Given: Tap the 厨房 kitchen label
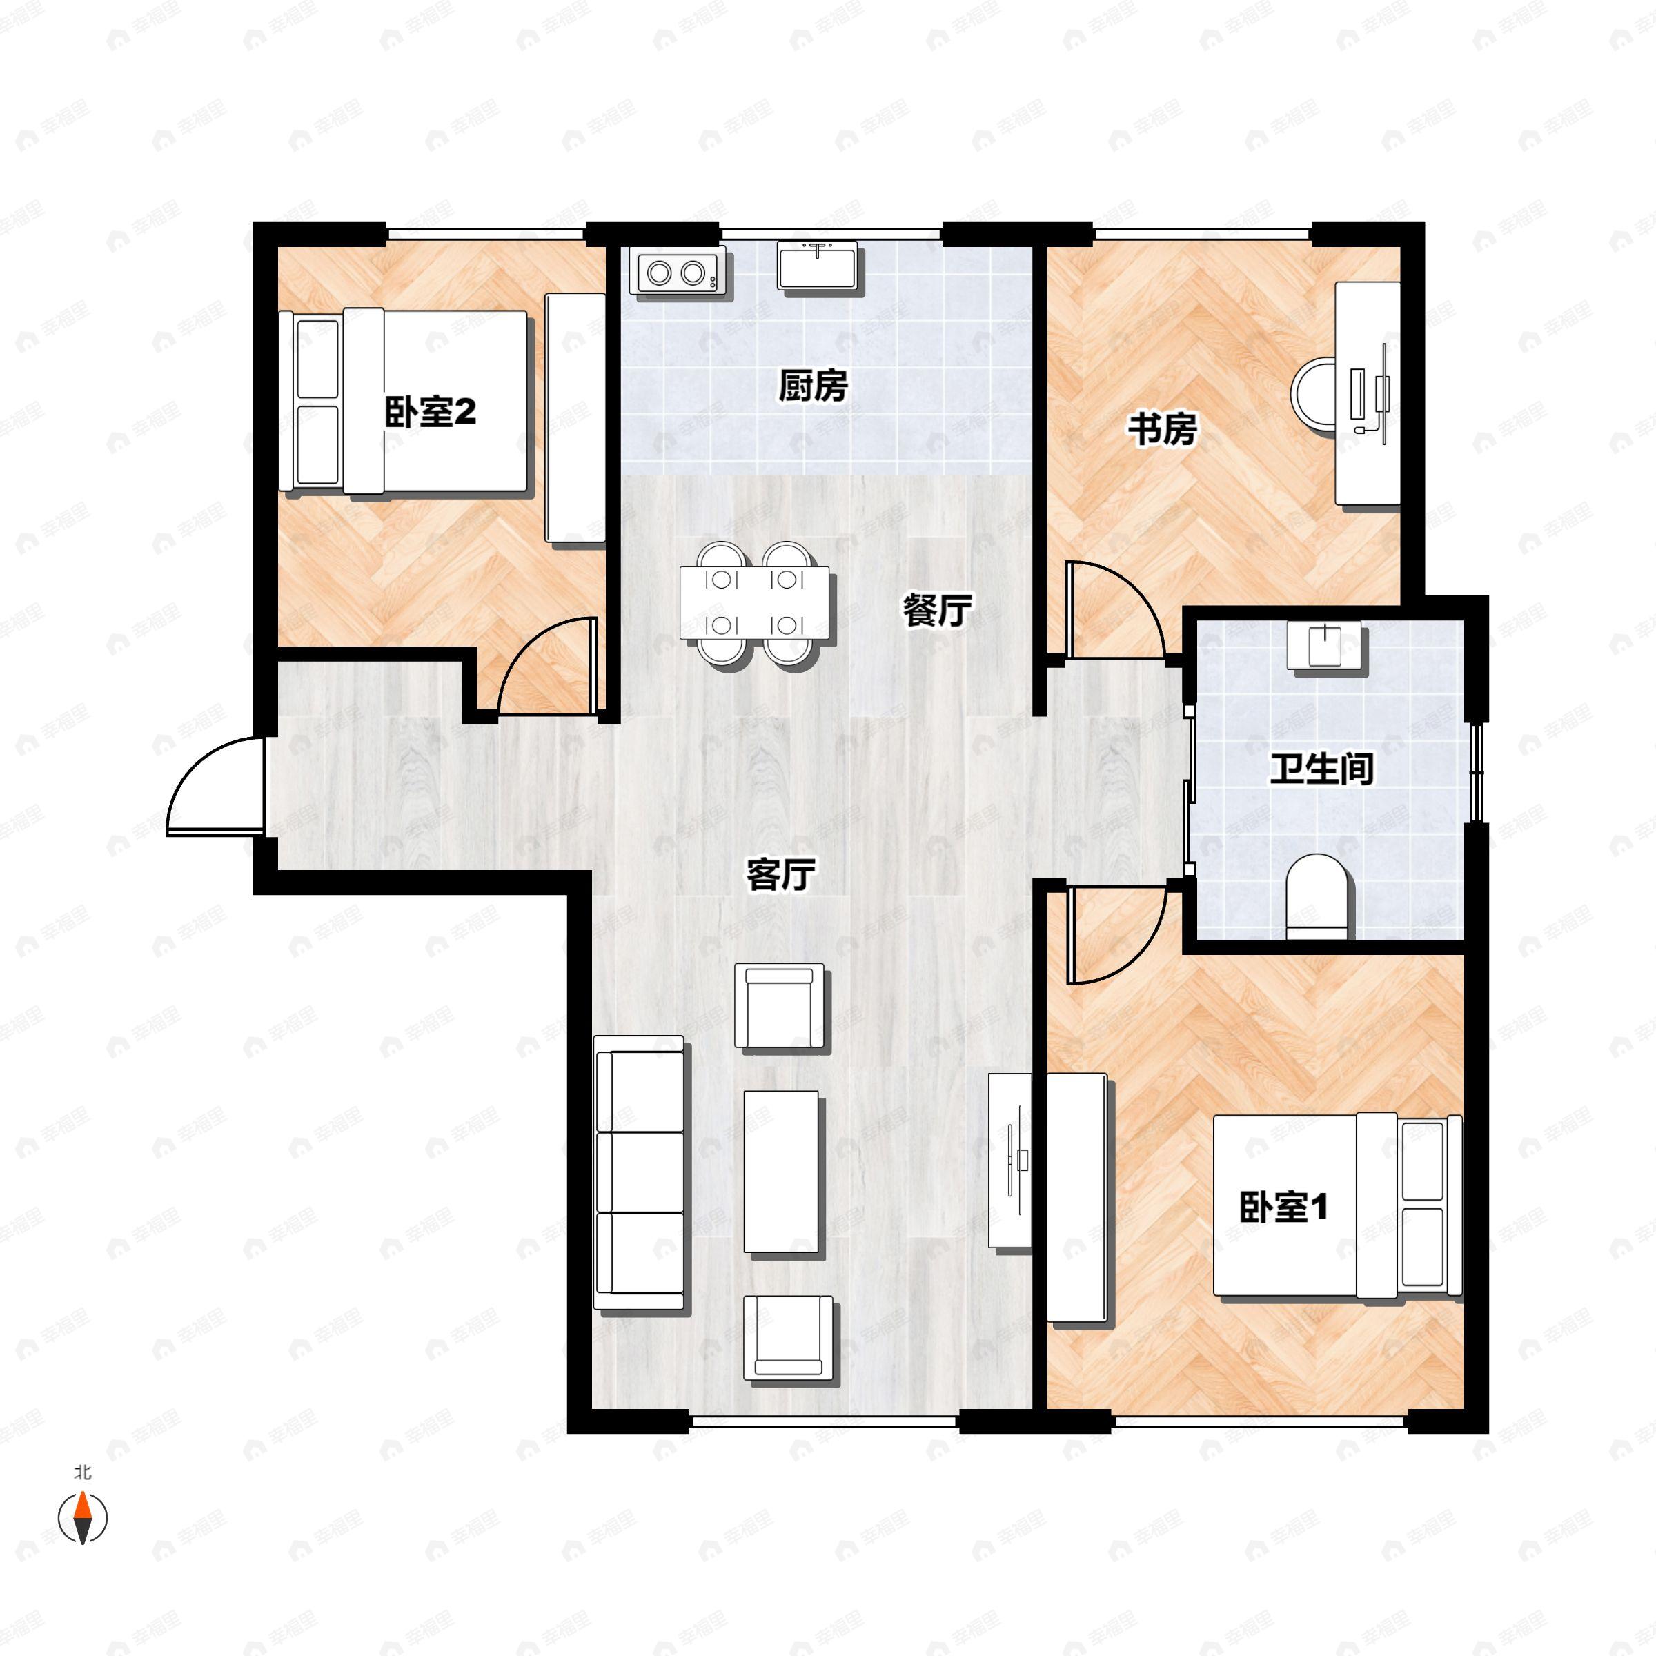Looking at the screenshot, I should pyautogui.click(x=813, y=386).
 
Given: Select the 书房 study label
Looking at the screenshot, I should pyautogui.click(x=1161, y=428).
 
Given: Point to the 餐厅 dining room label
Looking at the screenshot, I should pyautogui.click(x=937, y=610).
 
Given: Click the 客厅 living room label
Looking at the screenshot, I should pyautogui.click(x=780, y=874).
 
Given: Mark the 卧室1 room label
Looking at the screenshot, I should pyautogui.click(x=1283, y=1207).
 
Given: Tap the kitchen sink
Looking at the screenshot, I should pyautogui.click(x=818, y=266).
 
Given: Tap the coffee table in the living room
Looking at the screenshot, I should pyautogui.click(x=780, y=1172).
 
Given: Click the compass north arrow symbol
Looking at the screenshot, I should pyautogui.click(x=82, y=1518).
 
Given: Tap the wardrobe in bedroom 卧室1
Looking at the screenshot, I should pyautogui.click(x=1076, y=1197).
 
